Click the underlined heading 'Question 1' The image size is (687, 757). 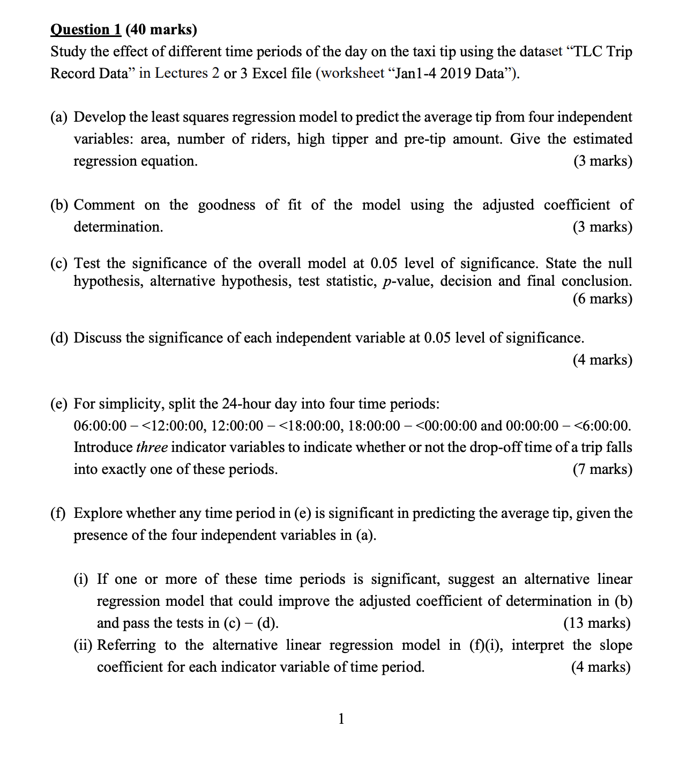point(85,29)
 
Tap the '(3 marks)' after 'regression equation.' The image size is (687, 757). point(602,161)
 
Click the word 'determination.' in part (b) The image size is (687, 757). point(118,227)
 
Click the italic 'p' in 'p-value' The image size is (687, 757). point(386,282)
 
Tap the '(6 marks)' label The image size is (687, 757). point(602,299)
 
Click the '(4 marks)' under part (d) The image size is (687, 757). point(602,360)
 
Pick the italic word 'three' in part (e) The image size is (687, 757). point(152,447)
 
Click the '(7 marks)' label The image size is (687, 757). point(602,469)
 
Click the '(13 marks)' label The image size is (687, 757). point(597,623)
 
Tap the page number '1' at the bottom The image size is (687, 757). point(341,718)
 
